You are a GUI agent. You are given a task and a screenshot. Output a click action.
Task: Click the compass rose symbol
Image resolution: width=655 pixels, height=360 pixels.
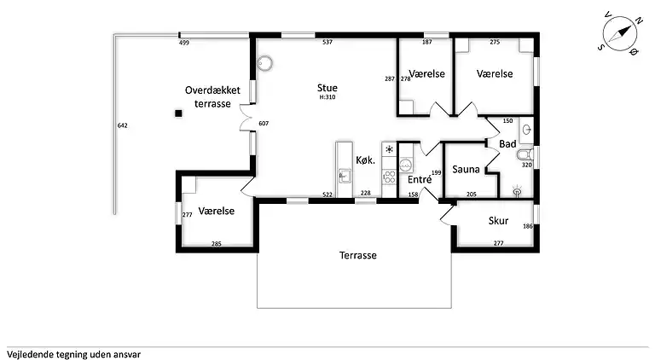[619, 33]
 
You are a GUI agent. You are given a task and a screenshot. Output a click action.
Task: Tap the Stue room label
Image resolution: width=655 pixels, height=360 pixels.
[327, 88]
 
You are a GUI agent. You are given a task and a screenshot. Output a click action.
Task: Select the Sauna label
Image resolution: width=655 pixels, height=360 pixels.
[466, 169]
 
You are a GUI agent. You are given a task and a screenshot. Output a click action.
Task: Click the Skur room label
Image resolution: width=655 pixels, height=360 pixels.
[498, 220]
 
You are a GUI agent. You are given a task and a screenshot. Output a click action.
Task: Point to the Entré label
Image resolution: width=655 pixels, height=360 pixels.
[420, 179]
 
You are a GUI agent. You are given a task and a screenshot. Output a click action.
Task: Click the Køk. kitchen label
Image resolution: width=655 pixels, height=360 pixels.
[366, 160]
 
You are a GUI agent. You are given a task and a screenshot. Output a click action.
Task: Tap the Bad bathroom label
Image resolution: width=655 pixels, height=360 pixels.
[507, 144]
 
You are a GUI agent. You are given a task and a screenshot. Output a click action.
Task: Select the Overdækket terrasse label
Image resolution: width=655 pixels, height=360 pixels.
[212, 97]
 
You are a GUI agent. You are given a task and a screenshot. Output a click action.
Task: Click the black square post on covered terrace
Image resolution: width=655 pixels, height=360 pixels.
[178, 113]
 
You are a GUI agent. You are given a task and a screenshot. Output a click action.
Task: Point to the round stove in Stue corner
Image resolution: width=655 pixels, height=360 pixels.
[264, 63]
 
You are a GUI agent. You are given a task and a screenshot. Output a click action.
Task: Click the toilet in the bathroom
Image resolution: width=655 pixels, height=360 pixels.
[525, 155]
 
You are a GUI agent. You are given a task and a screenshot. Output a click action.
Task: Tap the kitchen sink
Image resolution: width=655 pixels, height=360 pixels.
[345, 177]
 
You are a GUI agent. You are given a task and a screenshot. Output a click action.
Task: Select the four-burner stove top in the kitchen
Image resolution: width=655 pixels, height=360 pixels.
[389, 177]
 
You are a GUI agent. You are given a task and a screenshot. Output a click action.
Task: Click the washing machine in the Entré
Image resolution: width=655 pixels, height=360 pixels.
[406, 165]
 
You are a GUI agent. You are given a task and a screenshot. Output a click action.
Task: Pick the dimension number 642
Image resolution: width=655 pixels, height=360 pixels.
[123, 125]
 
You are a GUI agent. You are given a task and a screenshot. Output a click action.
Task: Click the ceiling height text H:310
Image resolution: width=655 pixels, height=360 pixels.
[327, 97]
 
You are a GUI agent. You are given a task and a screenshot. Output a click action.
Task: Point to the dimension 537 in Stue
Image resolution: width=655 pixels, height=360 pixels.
[327, 42]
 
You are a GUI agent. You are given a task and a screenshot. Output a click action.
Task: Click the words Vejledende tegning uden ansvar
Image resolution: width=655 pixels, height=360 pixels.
[73, 355]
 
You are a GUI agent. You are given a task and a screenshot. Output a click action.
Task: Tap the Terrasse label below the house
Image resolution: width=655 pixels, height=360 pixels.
[358, 255]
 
